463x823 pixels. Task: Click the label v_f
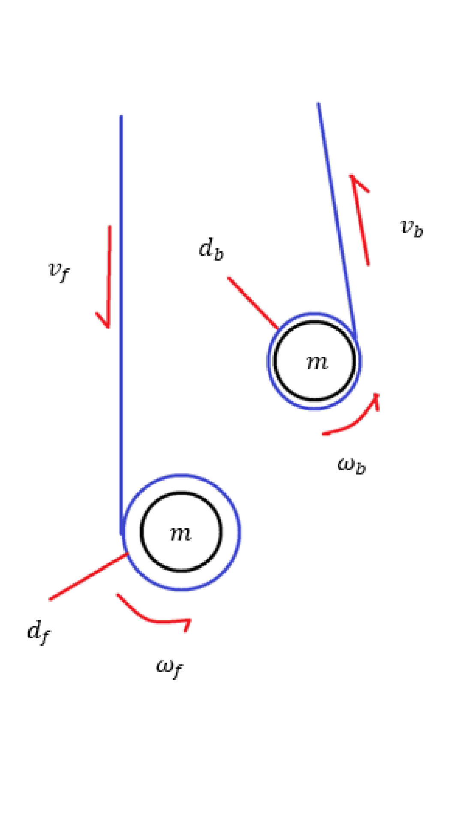[x=59, y=271]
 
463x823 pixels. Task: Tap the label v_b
[x=412, y=228]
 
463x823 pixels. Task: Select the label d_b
[x=211, y=249]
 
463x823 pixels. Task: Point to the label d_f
[x=38, y=632]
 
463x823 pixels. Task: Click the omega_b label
[x=352, y=465]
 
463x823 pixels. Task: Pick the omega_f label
[x=169, y=667]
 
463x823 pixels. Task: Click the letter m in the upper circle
[x=317, y=363]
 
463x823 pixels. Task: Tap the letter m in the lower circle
[x=180, y=533]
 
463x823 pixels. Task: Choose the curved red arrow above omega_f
[x=150, y=617]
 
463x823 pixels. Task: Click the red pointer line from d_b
[x=253, y=303]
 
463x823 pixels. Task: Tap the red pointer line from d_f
[x=88, y=577]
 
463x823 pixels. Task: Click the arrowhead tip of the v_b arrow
[x=352, y=175]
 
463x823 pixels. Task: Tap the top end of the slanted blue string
[x=318, y=103]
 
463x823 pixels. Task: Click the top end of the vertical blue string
[x=121, y=116]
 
